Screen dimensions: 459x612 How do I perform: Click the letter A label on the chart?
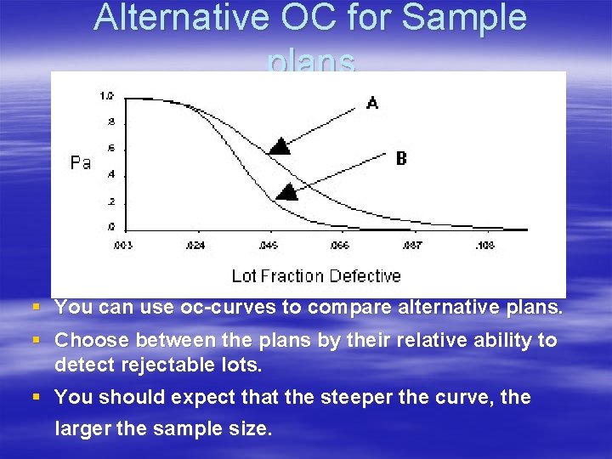[372, 103]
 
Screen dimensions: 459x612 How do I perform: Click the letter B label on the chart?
[401, 158]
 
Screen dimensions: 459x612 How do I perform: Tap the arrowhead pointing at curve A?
[280, 145]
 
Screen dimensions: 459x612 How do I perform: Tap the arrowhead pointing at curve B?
[289, 191]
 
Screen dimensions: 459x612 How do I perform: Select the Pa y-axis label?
[81, 162]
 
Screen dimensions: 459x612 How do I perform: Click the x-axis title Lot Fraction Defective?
[316, 275]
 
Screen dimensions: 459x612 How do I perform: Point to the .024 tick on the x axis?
[196, 245]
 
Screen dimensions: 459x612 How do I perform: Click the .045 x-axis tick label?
[268, 245]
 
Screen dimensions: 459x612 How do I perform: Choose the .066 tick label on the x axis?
[339, 245]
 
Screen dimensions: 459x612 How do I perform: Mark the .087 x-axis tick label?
[411, 245]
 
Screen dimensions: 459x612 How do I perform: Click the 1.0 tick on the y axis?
[107, 95]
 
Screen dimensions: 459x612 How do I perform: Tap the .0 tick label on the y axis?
[110, 227]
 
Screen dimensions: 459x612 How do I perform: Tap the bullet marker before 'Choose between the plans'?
[35, 341]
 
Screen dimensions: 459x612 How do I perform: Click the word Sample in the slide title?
[465, 19]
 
